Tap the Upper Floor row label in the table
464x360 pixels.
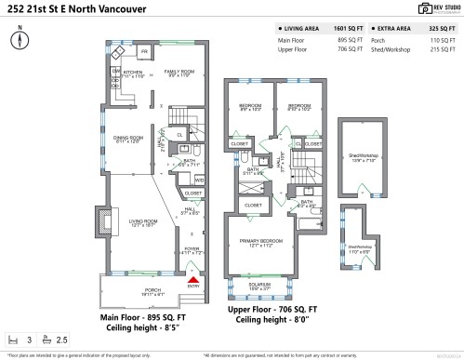[293, 50]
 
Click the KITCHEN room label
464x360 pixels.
[132, 74]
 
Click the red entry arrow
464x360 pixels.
[193, 276]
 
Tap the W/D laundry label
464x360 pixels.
[199, 180]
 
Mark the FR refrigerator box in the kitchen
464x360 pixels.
[146, 51]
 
